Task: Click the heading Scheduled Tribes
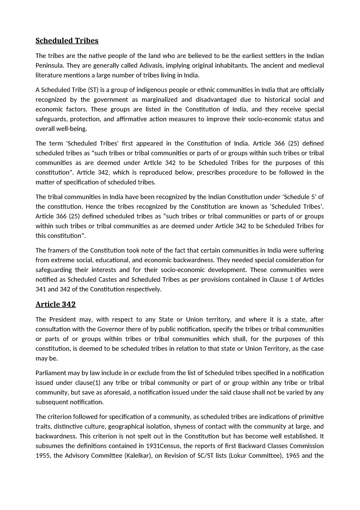click(x=67, y=41)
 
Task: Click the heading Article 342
click(x=55, y=304)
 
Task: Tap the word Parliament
click(x=50, y=373)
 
